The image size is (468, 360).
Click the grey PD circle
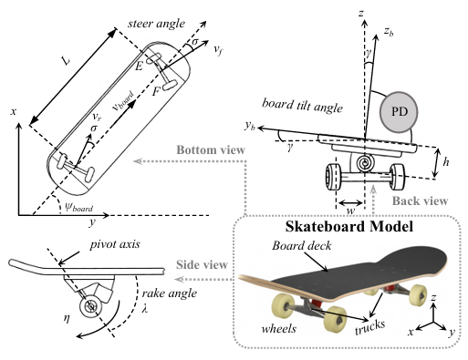point(399,112)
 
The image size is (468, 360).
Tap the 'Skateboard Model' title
point(349,227)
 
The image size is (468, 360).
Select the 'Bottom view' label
point(211,149)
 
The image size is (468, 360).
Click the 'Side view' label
point(202,264)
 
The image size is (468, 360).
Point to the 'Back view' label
point(420,201)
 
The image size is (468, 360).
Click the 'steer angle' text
point(156,24)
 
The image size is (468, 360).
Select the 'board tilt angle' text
point(302,106)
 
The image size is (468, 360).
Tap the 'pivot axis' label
point(115,244)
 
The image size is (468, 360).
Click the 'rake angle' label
point(170,293)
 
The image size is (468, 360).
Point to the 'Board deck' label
point(301,245)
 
